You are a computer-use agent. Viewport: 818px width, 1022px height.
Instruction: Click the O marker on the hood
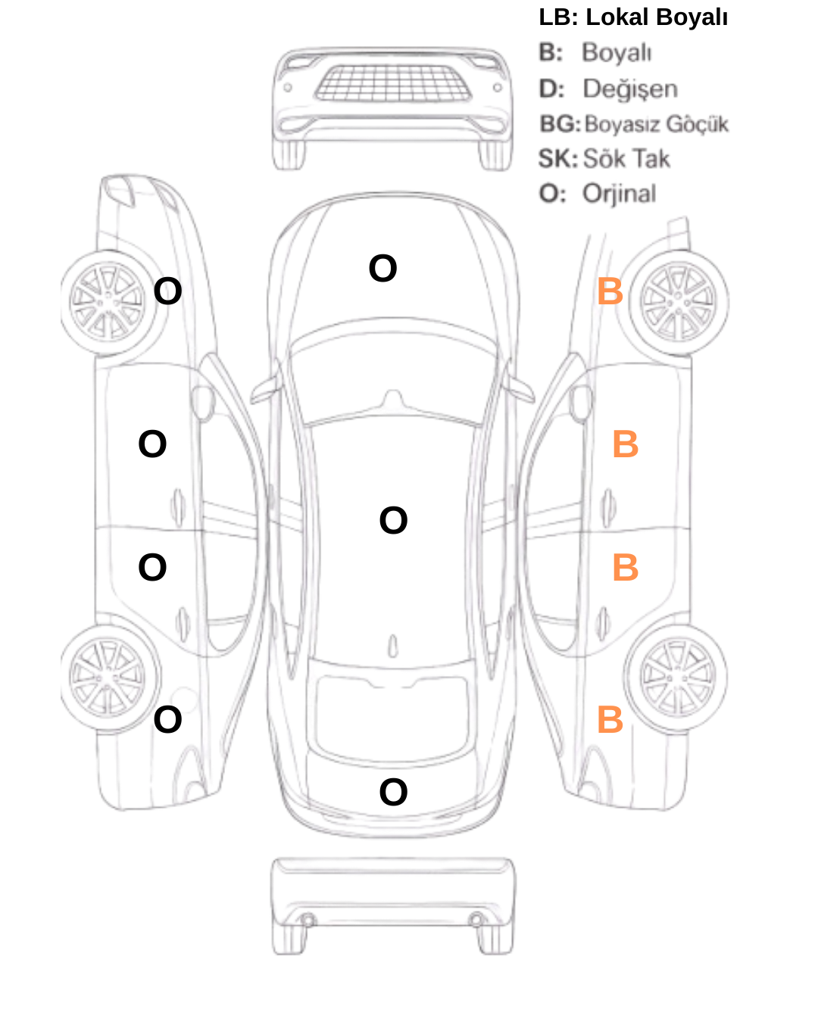tap(382, 268)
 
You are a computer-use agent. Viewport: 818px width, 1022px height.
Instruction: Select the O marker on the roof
tap(393, 520)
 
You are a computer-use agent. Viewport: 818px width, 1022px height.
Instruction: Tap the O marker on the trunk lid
tap(393, 792)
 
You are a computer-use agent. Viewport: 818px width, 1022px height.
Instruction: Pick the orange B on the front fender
tap(610, 291)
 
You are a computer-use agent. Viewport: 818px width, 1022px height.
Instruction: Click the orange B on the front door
tap(625, 444)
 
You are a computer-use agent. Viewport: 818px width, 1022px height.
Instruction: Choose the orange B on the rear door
tap(625, 567)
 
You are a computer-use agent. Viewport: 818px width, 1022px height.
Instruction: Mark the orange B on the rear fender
tap(610, 719)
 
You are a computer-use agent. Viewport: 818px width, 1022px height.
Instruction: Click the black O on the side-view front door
tap(152, 444)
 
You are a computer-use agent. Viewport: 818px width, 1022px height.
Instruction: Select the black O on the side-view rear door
tap(152, 567)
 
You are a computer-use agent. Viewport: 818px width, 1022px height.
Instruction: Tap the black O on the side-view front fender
tap(168, 291)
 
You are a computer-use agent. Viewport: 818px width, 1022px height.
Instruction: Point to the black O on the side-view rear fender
tap(168, 719)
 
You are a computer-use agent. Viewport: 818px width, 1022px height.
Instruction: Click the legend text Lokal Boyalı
tap(657, 17)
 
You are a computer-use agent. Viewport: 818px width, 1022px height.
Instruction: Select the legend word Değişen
tap(630, 89)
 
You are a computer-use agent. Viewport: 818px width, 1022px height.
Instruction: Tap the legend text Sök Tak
tap(626, 158)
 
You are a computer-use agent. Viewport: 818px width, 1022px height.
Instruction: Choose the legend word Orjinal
tap(620, 195)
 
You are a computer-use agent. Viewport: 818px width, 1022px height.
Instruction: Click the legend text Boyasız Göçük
tap(657, 124)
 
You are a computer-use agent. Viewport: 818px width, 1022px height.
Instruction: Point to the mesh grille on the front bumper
tap(392, 83)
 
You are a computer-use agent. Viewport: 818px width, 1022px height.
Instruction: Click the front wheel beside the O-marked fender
tap(108, 303)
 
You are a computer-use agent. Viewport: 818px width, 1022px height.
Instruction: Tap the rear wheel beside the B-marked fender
tap(676, 678)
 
